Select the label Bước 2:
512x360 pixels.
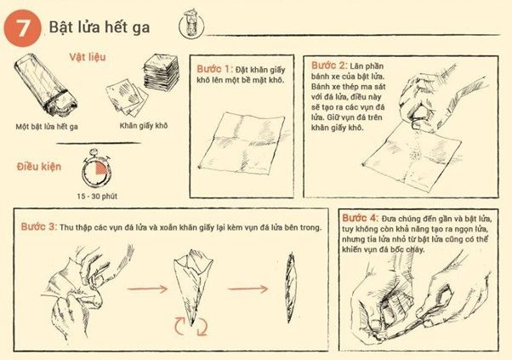coord(326,65)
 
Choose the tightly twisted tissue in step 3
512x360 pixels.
coord(289,289)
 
